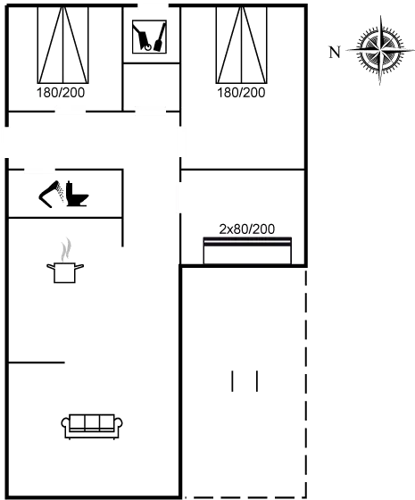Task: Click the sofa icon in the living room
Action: tap(92, 427)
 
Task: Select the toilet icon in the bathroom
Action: tap(77, 195)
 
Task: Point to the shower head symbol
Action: tap(50, 194)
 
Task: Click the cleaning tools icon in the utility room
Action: tap(150, 37)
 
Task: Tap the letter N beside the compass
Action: tap(335, 52)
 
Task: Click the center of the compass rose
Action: tap(380, 50)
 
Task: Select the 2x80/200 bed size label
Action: tap(246, 229)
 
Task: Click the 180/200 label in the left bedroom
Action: tap(61, 93)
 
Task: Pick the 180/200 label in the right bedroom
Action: tap(241, 93)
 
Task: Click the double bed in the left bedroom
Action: tap(63, 45)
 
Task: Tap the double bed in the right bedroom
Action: tap(242, 45)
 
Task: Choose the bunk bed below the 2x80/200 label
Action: tap(247, 251)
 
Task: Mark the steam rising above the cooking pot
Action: tap(66, 250)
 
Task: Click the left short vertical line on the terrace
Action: tap(232, 381)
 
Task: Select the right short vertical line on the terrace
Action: tap(257, 381)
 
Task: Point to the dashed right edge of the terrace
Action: tap(306, 383)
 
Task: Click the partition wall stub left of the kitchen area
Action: tap(37, 362)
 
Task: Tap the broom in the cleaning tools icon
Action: tap(160, 37)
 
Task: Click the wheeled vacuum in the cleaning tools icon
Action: tap(142, 37)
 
